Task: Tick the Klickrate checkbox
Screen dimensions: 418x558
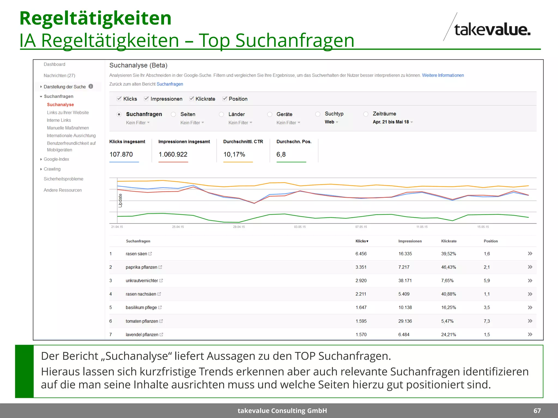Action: [192, 99]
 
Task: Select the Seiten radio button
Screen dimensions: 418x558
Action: [173, 114]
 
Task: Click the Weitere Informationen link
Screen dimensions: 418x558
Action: [443, 75]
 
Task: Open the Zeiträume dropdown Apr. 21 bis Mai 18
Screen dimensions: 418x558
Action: [393, 122]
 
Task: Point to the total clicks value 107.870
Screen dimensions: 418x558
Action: [121, 154]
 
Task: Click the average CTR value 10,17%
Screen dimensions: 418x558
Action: [234, 154]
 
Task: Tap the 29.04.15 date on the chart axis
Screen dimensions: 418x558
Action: [239, 227]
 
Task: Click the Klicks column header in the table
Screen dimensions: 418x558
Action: [362, 241]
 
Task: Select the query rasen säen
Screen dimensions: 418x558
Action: [136, 254]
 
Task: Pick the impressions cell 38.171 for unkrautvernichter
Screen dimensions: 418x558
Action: [405, 281]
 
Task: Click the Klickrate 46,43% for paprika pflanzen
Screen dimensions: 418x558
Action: [448, 267]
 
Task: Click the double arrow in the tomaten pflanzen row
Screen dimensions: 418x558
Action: [530, 321]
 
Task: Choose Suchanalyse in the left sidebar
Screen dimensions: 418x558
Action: [60, 104]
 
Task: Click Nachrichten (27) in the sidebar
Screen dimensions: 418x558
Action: [59, 75]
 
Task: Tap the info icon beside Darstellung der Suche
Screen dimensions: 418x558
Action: [91, 86]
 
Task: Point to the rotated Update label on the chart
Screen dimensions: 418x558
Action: [120, 201]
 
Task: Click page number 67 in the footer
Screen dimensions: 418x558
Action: [537, 411]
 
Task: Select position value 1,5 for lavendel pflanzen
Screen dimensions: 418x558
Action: [487, 334]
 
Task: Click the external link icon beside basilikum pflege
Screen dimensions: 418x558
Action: [160, 308]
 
